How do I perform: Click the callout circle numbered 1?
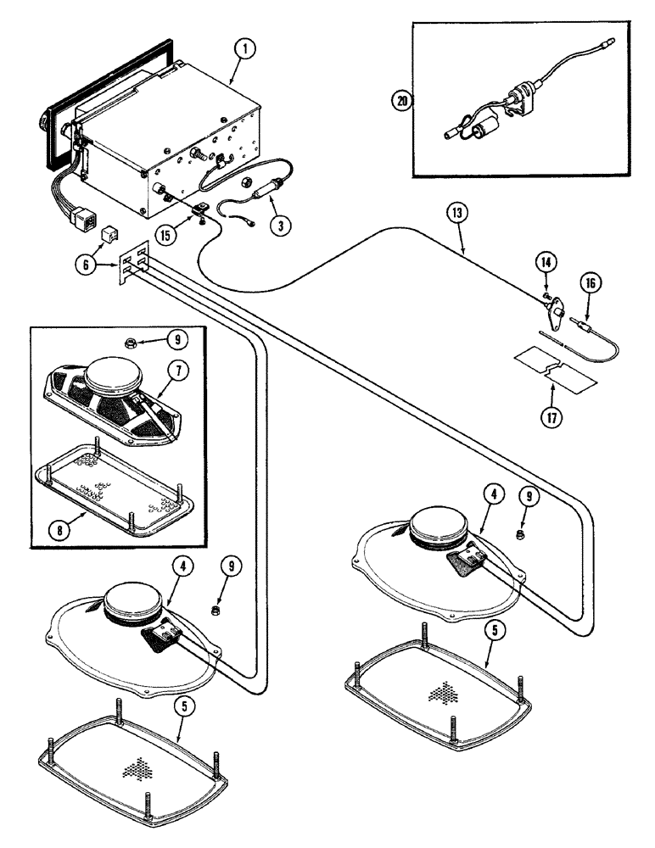(244, 49)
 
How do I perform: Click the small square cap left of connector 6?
(109, 232)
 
